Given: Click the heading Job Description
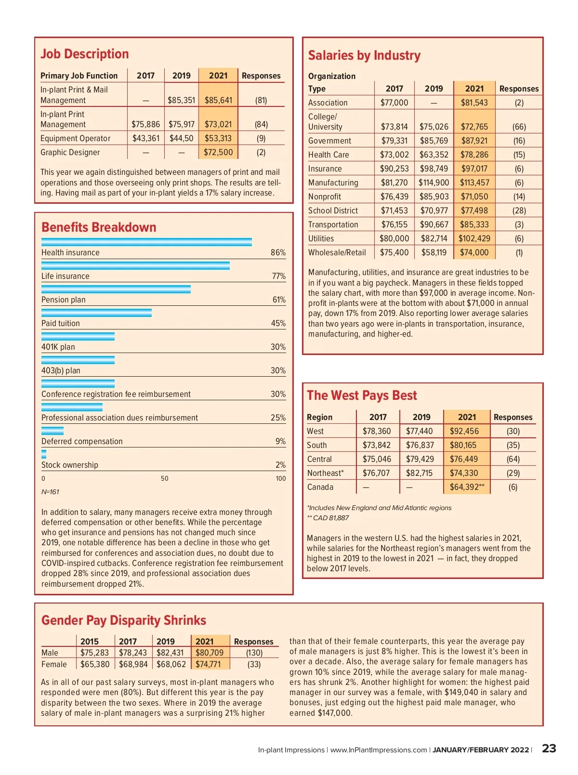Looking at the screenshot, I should point(85,54).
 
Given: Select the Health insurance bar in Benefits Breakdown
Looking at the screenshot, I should point(146,242).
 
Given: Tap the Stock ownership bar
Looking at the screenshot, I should point(44,454).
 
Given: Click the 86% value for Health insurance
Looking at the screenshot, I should point(278,252).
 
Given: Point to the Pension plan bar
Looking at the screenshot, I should point(116,289).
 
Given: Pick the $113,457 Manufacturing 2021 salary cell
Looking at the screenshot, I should point(474,183).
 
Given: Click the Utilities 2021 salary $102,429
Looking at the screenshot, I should point(474,238).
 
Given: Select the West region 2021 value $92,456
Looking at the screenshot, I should point(464,431).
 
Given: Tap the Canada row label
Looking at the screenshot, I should point(320,487).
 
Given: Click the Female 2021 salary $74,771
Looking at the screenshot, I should point(208,664).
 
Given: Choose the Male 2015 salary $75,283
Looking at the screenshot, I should point(94,653).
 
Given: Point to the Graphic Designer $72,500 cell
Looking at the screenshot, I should point(218,152).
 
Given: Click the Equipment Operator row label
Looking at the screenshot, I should point(76,138).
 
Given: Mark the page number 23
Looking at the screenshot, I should point(549,749).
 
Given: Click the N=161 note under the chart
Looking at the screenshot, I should point(50,492).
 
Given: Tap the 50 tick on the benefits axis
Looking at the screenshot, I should point(165,478).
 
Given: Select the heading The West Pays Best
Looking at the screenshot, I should point(362,395).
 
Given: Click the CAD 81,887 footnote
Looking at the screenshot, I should point(328,518).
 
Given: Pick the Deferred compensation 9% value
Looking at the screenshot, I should point(280,441).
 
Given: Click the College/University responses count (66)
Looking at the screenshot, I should point(519,127).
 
